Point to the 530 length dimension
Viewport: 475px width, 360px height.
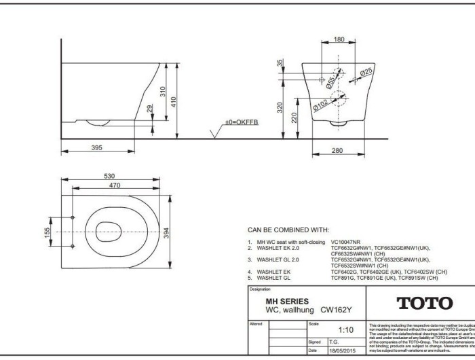109,176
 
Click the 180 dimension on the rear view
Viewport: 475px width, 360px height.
339,40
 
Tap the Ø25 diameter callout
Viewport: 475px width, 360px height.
366,73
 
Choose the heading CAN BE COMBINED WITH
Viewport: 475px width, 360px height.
288,230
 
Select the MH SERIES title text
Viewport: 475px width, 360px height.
286,301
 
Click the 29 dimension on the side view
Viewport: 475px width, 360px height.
151,109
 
